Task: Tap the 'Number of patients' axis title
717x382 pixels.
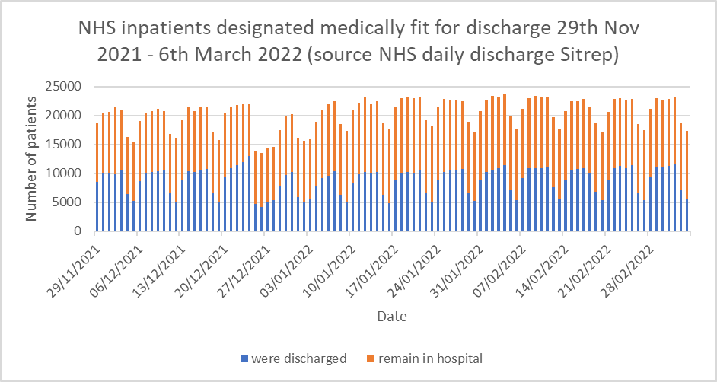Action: (x=31, y=158)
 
